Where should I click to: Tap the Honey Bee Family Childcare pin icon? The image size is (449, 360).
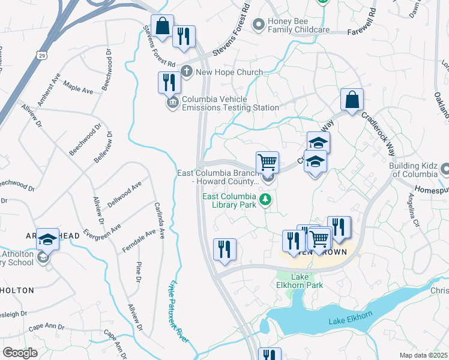pyautogui.click(x=259, y=25)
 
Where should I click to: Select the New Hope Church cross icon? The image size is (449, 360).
pyautogui.click(x=187, y=72)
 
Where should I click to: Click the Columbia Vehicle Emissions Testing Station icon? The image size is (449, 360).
pyautogui.click(x=172, y=103)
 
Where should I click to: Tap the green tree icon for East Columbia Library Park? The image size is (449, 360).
pyautogui.click(x=265, y=200)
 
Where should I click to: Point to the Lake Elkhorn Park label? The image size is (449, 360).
pyautogui.click(x=307, y=281)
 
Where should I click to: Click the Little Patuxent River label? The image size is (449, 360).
pyautogui.click(x=179, y=312)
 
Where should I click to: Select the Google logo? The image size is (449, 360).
pyautogui.click(x=20, y=353)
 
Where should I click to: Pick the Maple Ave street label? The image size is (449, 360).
pyautogui.click(x=78, y=88)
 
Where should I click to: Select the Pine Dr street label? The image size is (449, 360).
pyautogui.click(x=138, y=272)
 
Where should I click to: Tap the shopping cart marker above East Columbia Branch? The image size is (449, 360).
pyautogui.click(x=267, y=162)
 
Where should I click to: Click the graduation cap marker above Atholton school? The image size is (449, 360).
pyautogui.click(x=48, y=239)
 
